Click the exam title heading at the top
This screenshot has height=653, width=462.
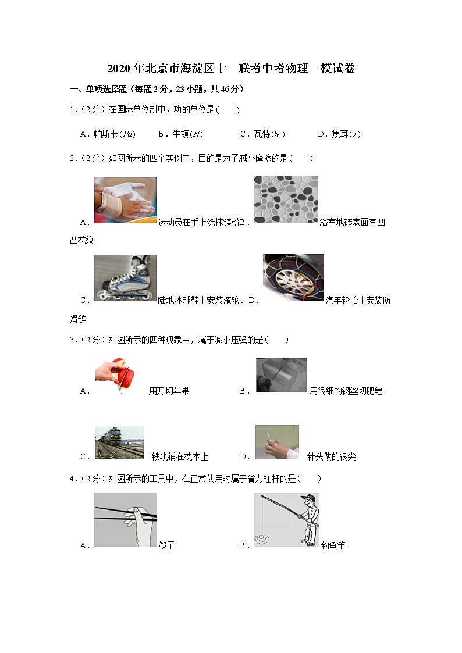click(231, 68)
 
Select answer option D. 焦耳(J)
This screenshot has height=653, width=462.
click(339, 134)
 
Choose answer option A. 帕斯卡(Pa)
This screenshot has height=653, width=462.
click(108, 134)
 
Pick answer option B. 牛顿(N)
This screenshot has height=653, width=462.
click(180, 134)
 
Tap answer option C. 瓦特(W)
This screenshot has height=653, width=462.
click(262, 134)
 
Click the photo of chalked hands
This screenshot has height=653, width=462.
click(126, 200)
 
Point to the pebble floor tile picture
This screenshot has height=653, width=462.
click(286, 199)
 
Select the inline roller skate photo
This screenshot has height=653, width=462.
click(126, 278)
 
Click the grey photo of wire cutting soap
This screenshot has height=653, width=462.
click(281, 375)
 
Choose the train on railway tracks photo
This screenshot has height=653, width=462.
click(119, 443)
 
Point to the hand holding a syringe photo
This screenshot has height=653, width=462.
click(277, 443)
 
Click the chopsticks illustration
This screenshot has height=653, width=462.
click(126, 520)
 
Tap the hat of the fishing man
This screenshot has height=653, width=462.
click(310, 498)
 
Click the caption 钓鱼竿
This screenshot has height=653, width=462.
click(333, 545)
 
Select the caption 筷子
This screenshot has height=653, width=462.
click(166, 545)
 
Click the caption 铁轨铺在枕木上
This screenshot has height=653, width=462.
click(180, 457)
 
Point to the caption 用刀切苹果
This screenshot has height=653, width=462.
click(169, 391)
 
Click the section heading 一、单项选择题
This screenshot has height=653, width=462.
click(98, 89)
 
